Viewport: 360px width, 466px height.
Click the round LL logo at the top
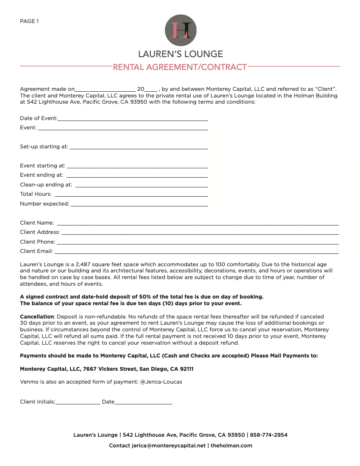[180, 30]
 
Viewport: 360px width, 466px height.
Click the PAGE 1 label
[29, 21]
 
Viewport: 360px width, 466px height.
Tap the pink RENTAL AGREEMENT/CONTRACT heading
[180, 67]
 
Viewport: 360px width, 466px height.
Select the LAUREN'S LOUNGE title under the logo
[180, 54]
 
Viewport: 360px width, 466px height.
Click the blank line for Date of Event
[133, 120]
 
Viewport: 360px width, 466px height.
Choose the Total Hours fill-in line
[131, 195]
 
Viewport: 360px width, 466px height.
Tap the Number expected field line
[139, 205]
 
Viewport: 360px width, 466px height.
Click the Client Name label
[37, 223]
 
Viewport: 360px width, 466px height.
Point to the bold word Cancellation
[37, 317]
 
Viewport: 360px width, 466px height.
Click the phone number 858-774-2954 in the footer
[269, 435]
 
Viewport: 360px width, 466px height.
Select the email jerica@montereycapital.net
[168, 446]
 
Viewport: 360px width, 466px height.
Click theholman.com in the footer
[231, 446]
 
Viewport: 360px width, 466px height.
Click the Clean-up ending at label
[46, 185]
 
